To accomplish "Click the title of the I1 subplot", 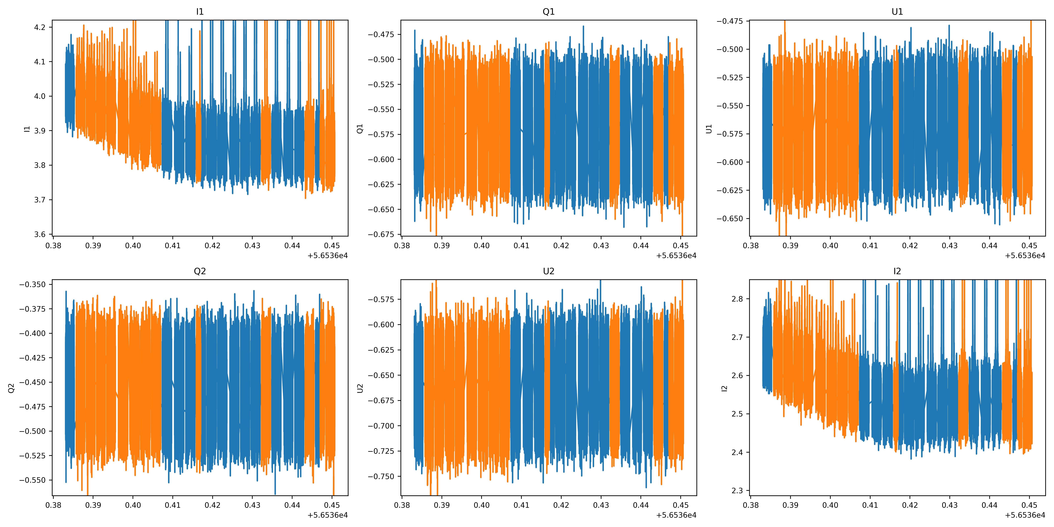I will tap(200, 12).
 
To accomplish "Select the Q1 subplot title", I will tap(548, 12).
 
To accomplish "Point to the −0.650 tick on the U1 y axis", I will tap(730, 219).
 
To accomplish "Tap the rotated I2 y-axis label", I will tap(724, 388).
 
